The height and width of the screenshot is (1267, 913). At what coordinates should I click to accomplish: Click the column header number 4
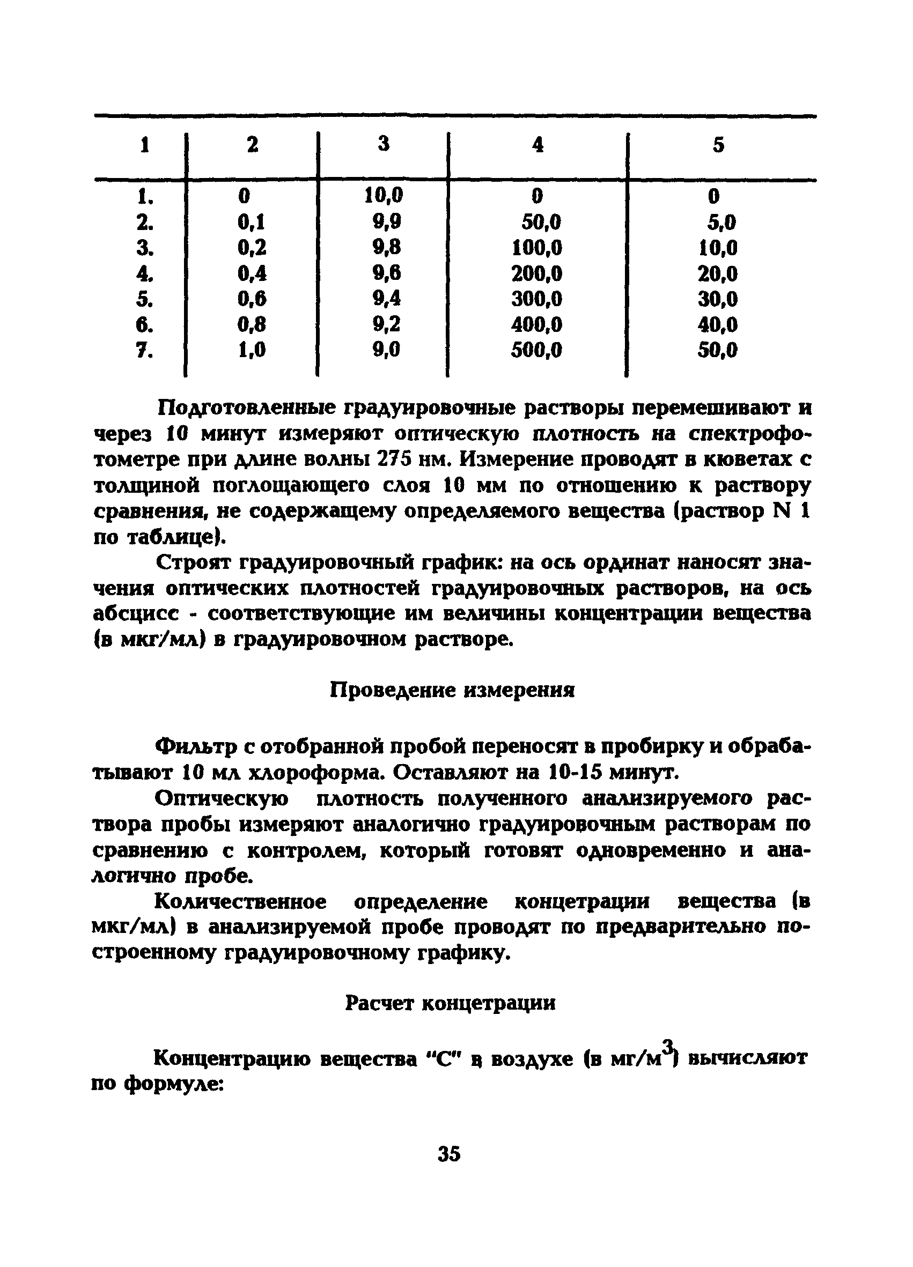pos(538,145)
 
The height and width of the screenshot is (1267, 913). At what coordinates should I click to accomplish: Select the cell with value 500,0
pos(536,350)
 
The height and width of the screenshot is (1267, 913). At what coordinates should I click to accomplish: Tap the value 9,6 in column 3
pos(387,272)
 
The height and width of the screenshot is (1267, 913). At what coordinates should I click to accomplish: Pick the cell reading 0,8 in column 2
pos(252,324)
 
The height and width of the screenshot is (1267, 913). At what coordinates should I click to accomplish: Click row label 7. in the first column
pos(145,351)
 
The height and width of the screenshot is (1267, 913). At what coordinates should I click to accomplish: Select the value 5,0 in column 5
pos(721,223)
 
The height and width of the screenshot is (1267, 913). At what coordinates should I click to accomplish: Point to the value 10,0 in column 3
pos(384,195)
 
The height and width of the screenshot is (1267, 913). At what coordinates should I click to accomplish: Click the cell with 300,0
pos(536,299)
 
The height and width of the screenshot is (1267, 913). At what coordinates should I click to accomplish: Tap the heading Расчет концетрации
pos(451,1003)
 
